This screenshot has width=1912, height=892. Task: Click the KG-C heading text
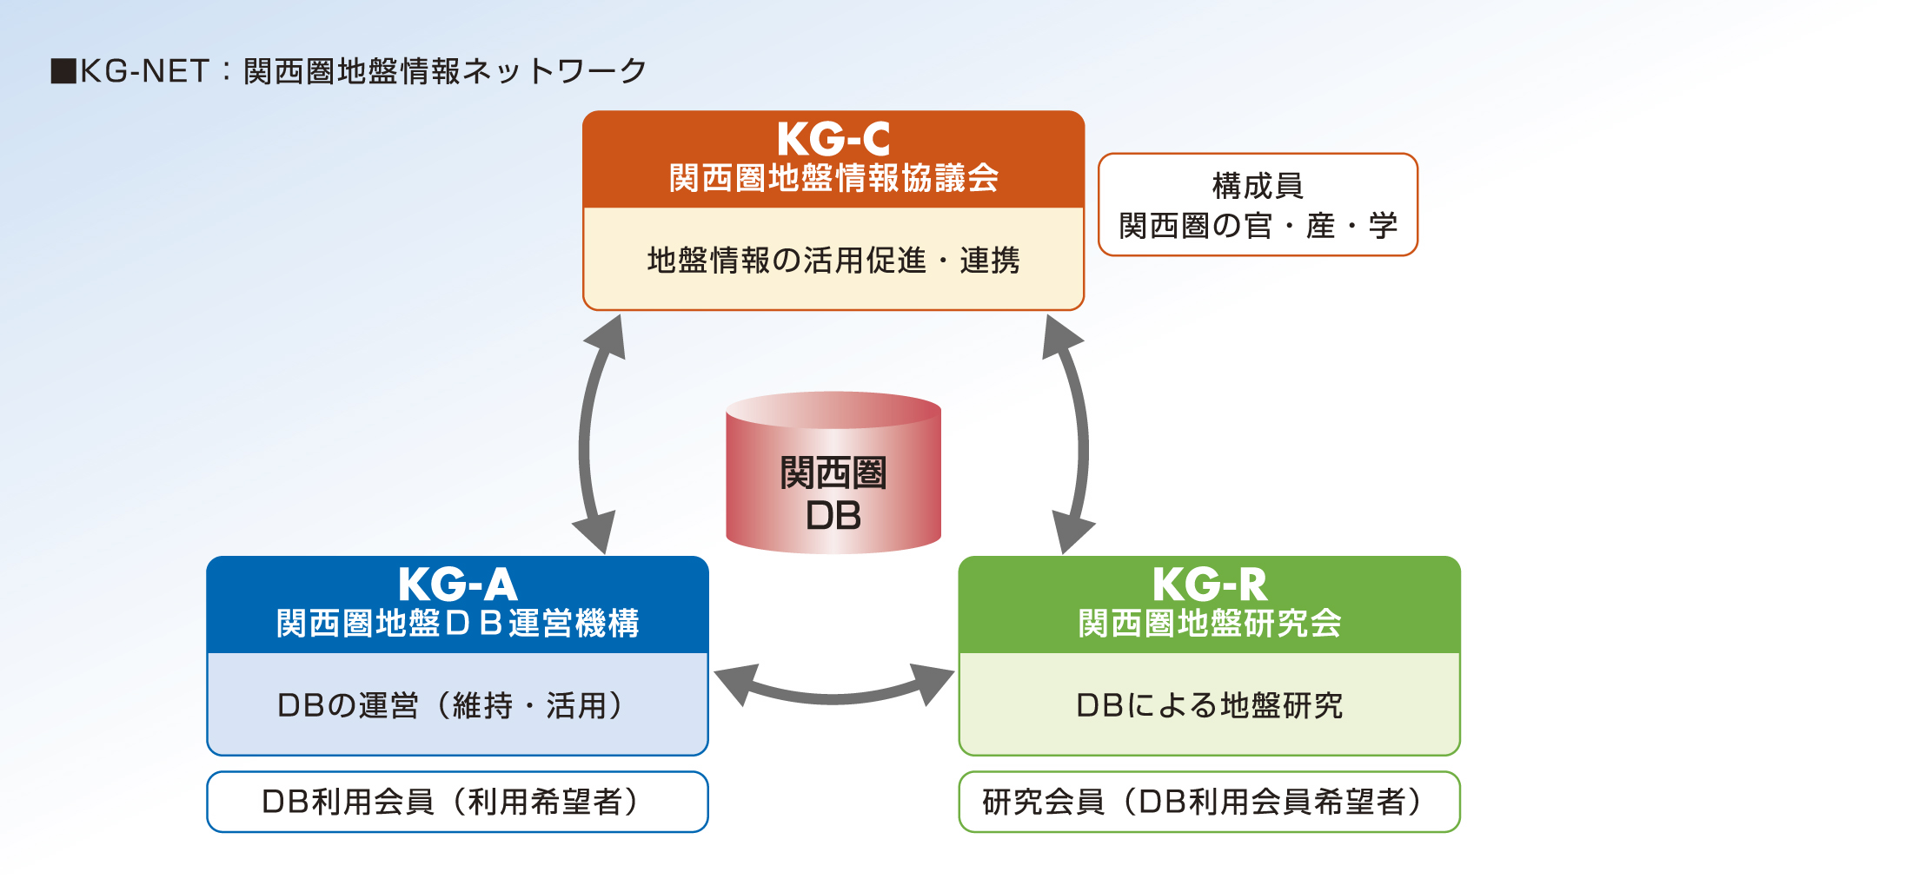[833, 139]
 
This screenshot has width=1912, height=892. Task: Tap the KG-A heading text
[458, 585]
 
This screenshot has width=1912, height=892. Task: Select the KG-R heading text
[1210, 585]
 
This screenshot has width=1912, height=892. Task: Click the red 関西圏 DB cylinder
[833, 472]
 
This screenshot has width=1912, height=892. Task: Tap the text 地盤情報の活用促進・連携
[833, 260]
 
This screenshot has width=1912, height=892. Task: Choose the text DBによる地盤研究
[1210, 705]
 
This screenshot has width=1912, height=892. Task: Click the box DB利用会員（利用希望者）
[458, 802]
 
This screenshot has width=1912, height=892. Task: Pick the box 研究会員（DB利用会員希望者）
[1210, 802]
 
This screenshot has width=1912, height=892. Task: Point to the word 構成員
[1258, 186]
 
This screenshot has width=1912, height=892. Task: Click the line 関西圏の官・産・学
[1258, 226]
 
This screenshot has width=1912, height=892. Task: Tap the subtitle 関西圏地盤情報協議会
[833, 178]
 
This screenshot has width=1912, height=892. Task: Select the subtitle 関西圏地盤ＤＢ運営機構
[458, 623]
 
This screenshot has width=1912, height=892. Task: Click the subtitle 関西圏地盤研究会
[1210, 623]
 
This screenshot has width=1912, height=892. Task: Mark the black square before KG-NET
[63, 71]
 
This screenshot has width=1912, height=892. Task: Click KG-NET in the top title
[145, 71]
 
